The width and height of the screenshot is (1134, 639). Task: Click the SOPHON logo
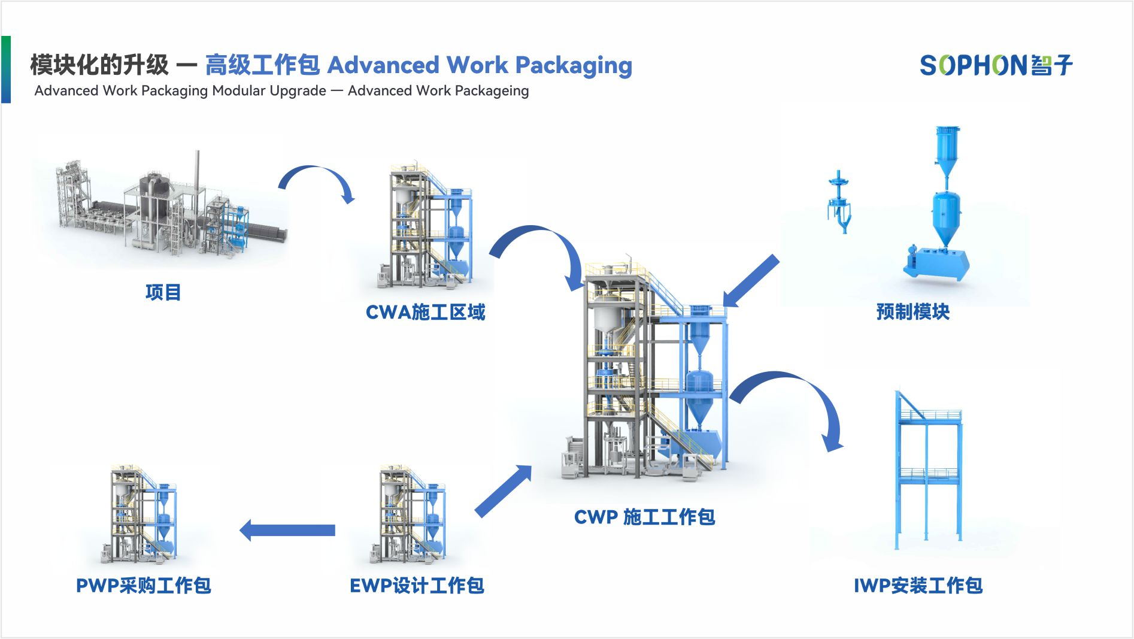pos(996,65)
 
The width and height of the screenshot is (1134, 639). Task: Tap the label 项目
pos(163,292)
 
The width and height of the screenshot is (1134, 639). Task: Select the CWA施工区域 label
pos(425,312)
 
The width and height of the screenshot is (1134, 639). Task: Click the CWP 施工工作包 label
pos(644,517)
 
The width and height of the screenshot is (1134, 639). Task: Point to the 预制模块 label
pos(912,312)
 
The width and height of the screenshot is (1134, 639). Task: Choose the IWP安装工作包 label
pos(918,585)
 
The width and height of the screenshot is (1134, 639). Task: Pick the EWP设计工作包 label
pos(417,585)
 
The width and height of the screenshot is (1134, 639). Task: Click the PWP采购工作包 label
pos(143,585)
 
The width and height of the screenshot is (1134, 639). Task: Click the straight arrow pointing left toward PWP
pos(287,530)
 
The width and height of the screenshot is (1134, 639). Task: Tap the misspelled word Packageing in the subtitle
pos(492,91)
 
